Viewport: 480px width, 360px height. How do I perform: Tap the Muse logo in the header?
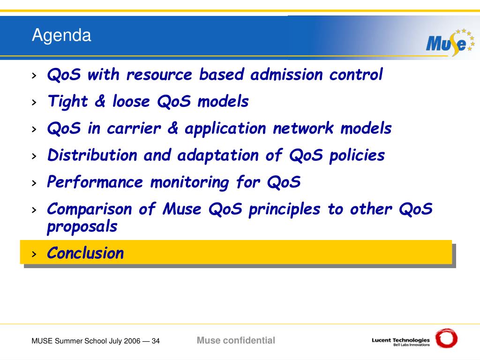(x=450, y=43)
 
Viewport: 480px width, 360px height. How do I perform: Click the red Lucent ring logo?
(x=446, y=338)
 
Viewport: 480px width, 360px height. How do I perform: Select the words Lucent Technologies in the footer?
(x=400, y=340)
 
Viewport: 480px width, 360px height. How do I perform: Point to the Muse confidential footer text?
(x=236, y=340)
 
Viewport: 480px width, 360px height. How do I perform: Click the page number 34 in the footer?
(x=156, y=341)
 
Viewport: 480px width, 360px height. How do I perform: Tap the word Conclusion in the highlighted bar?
(x=85, y=253)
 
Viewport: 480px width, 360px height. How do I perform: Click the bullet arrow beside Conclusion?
(x=34, y=254)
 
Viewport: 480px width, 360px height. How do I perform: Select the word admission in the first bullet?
(x=286, y=75)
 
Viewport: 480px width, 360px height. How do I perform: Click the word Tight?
(x=67, y=102)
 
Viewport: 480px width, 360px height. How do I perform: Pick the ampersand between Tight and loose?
(x=100, y=101)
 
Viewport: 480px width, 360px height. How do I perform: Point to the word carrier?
(x=134, y=128)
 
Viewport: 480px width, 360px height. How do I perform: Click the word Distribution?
(x=92, y=155)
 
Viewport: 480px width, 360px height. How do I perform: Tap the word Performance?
(x=95, y=182)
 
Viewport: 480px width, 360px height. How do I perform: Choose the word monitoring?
(x=189, y=183)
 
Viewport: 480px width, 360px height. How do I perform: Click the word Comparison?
(x=90, y=210)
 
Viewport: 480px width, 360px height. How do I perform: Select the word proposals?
(x=82, y=227)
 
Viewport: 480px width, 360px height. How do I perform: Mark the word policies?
(x=357, y=156)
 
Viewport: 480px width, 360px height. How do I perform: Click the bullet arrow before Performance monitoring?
(x=34, y=183)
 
